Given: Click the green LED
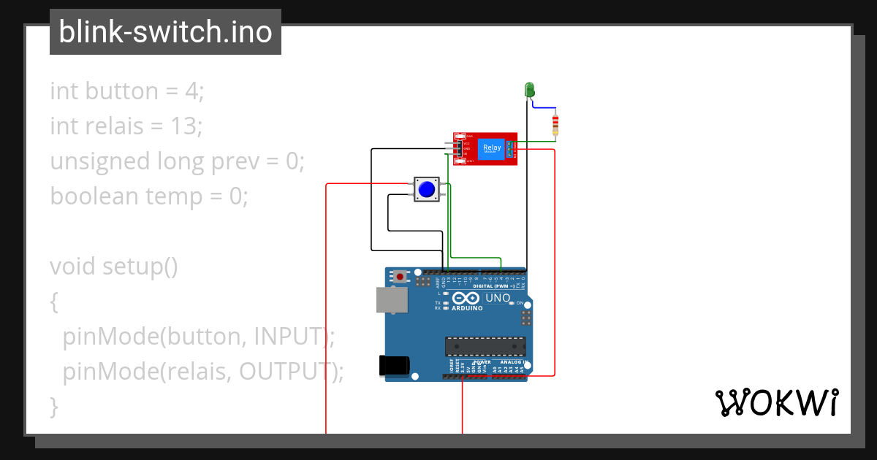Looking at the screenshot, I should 530,90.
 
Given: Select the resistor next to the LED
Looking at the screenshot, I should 555,125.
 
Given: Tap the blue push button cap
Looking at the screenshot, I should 426,190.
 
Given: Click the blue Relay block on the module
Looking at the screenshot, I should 491,149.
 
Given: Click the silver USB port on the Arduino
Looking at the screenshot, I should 392,300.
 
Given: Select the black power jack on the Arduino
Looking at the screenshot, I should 393,366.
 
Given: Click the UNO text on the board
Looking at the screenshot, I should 498,298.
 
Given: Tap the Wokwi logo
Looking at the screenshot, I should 775,402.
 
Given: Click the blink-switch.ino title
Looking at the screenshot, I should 165,32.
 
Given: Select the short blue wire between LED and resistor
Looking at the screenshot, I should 543,107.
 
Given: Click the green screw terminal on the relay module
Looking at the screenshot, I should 511,149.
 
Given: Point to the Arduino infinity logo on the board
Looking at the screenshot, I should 466,298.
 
